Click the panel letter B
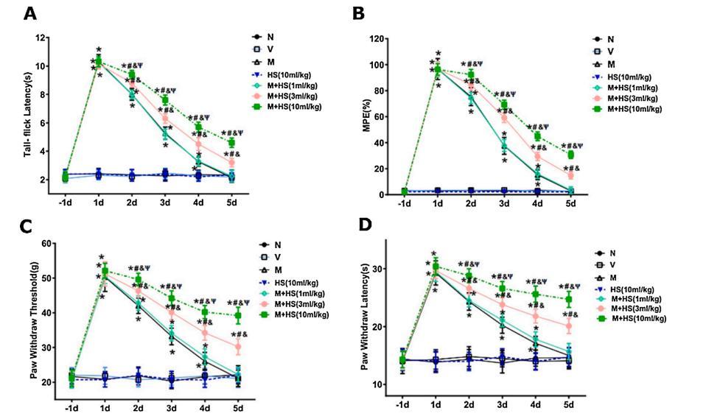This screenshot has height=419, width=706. pos(359,14)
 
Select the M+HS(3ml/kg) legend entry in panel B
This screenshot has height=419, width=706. pos(637,96)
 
